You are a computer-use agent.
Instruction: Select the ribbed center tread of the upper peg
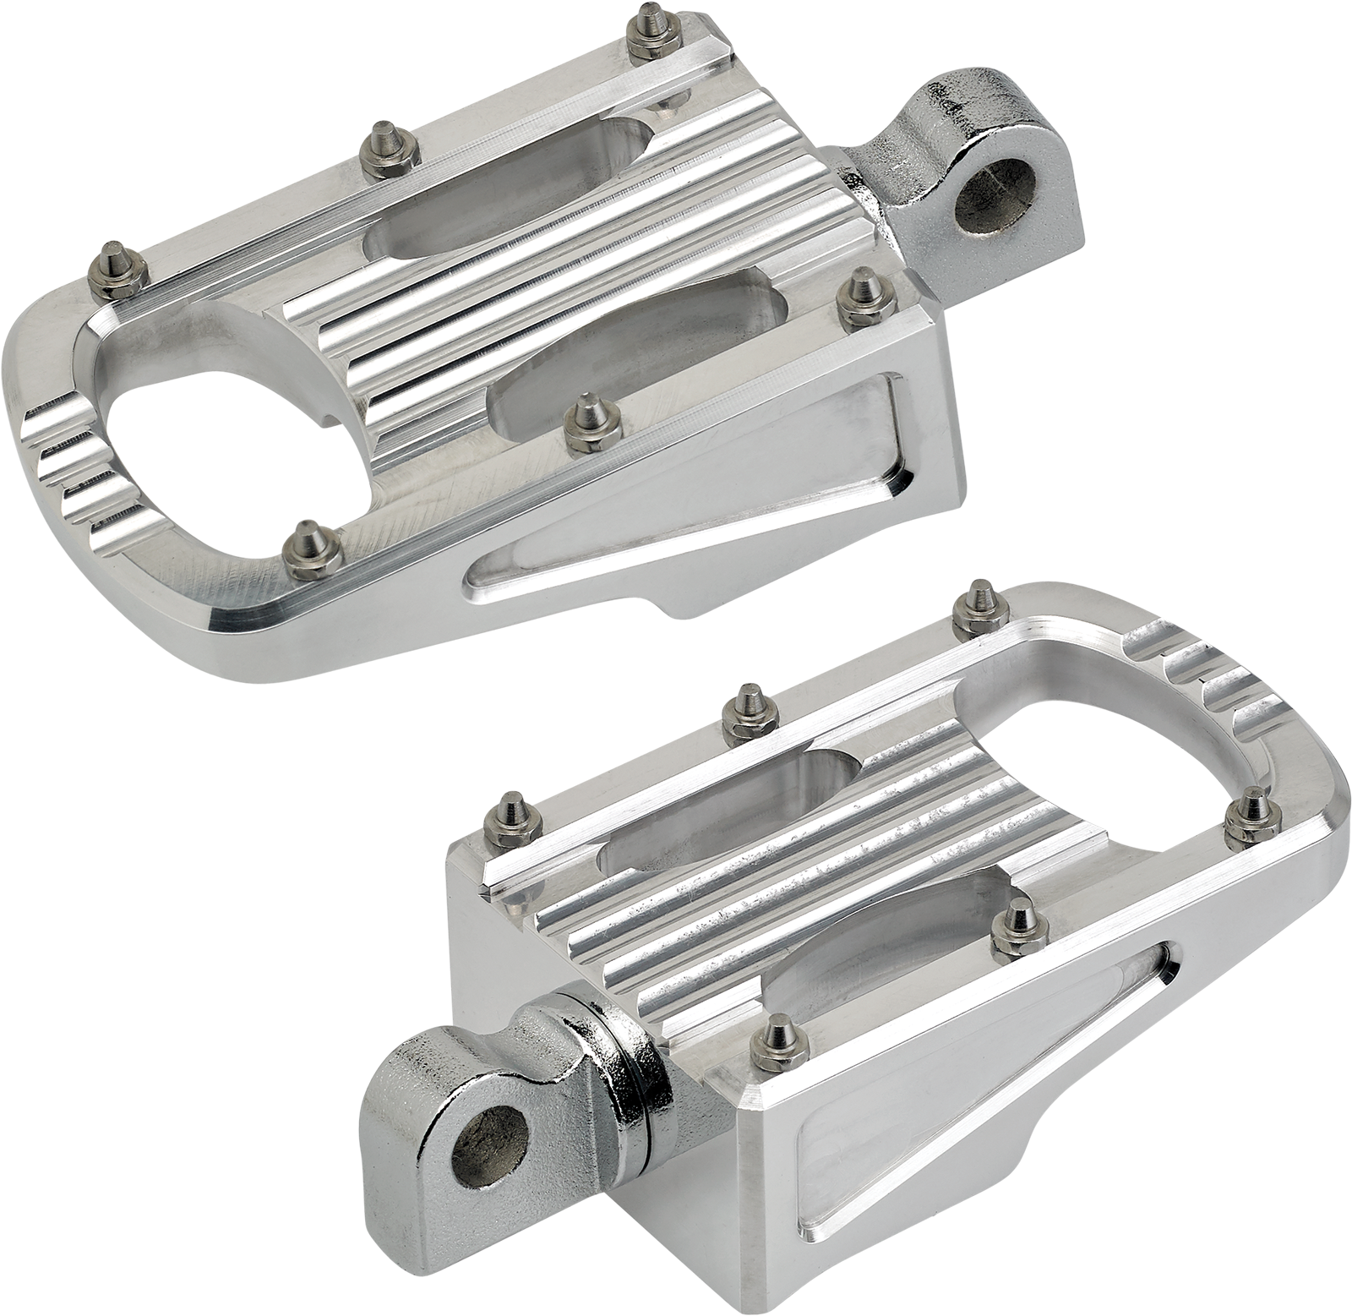tap(541, 279)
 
